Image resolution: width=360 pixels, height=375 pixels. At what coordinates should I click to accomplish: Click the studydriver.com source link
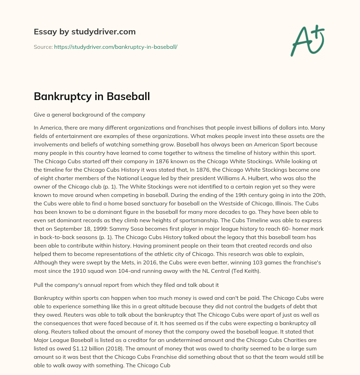[x=115, y=47]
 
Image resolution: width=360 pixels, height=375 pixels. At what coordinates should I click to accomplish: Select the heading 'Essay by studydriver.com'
[x=85, y=32]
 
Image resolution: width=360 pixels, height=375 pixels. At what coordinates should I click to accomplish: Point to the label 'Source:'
[x=43, y=47]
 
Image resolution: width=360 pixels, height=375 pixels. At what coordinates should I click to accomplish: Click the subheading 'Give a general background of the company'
[x=89, y=114]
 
